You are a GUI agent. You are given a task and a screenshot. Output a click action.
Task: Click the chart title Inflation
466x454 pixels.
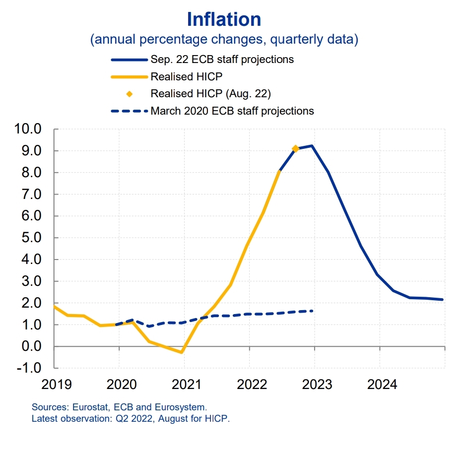point(224,19)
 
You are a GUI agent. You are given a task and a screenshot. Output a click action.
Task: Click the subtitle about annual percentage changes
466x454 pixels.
point(224,39)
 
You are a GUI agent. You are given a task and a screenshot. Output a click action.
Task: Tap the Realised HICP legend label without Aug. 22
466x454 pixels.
point(186,76)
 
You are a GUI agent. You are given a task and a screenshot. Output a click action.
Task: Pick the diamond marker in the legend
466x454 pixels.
point(130,94)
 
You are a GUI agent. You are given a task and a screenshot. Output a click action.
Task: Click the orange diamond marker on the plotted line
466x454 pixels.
point(295,148)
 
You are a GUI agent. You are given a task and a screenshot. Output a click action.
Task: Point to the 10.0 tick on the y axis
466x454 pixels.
point(28,129)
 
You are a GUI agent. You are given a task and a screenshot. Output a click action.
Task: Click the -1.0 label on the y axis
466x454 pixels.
point(29,368)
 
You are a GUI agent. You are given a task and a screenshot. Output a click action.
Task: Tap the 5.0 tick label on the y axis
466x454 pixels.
point(31,238)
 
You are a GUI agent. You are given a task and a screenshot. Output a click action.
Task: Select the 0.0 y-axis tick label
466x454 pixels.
point(31,346)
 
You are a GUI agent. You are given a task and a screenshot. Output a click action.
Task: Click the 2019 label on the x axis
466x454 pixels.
point(57,385)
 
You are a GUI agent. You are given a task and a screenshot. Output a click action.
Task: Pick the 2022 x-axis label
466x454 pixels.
point(252,385)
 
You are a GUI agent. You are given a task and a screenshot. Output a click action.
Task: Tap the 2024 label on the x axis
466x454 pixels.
point(382,385)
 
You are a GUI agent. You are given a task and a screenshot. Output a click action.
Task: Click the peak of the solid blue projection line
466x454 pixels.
point(312,145)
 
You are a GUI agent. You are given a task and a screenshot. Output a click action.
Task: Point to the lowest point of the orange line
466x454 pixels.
point(181,352)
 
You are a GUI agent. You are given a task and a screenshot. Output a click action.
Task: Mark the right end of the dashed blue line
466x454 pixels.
point(312,311)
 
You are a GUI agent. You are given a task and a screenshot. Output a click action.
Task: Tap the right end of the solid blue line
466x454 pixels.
point(443,300)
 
